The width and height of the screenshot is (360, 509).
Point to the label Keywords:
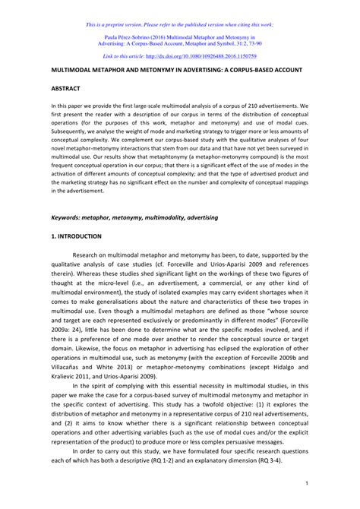click(68, 217)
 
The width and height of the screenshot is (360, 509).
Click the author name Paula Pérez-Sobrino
click(135, 35)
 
